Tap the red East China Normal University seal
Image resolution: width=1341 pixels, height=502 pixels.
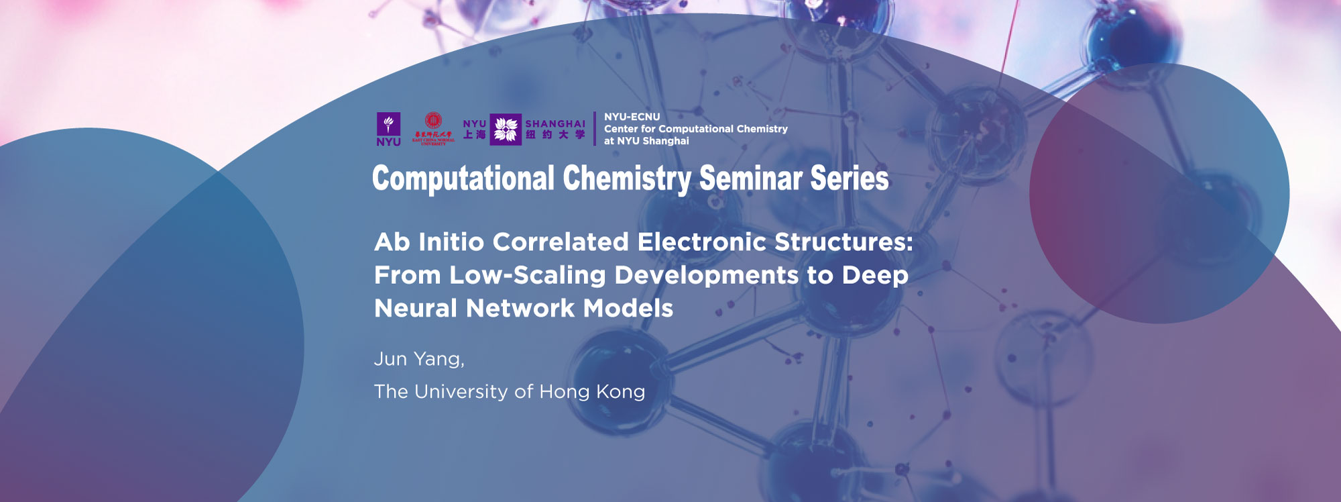pos(434,122)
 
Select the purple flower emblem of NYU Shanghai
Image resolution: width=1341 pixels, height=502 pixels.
pos(506,130)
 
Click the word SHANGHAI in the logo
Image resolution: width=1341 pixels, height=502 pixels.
pos(555,124)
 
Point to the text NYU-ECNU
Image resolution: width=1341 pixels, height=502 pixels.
pos(632,117)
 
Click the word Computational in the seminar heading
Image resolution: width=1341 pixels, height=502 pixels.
pos(463,179)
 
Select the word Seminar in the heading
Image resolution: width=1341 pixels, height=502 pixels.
pos(750,179)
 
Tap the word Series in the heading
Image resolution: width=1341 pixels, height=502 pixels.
pos(849,179)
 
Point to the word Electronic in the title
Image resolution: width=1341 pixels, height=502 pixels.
pos(702,242)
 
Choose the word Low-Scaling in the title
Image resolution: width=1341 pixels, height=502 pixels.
pos(528,275)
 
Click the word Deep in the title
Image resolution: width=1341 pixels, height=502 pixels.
pos(875,275)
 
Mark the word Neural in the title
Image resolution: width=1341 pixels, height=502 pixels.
pos(416,309)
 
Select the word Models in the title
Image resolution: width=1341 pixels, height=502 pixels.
pos(628,309)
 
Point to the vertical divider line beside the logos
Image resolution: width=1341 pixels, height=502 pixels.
pos(595,129)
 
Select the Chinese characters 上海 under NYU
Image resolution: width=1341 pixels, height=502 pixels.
pos(475,135)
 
